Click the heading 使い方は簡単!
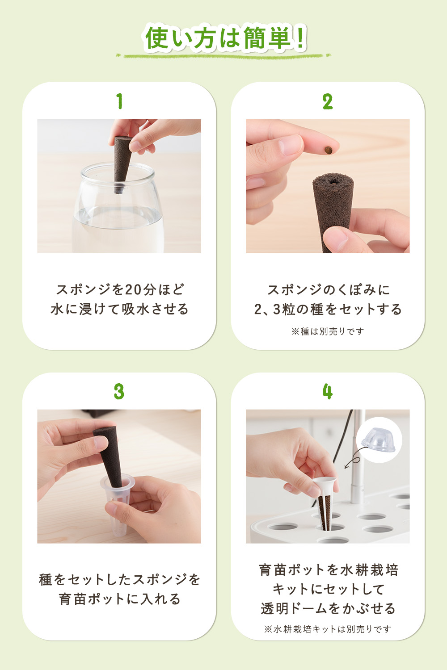[225, 38]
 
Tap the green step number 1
[119, 101]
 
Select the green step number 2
[328, 102]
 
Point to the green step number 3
[119, 392]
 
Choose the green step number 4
[328, 392]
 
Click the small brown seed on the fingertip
[329, 150]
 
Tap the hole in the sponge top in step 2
[333, 181]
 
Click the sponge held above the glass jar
[122, 164]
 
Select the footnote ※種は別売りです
[328, 331]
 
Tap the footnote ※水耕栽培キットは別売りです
[328, 629]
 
